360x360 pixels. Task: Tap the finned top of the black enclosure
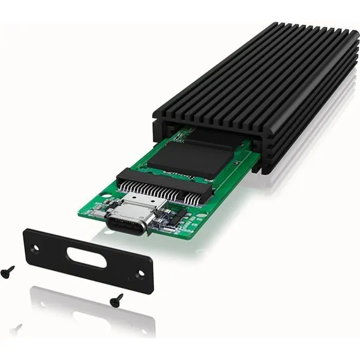coord(257,77)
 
